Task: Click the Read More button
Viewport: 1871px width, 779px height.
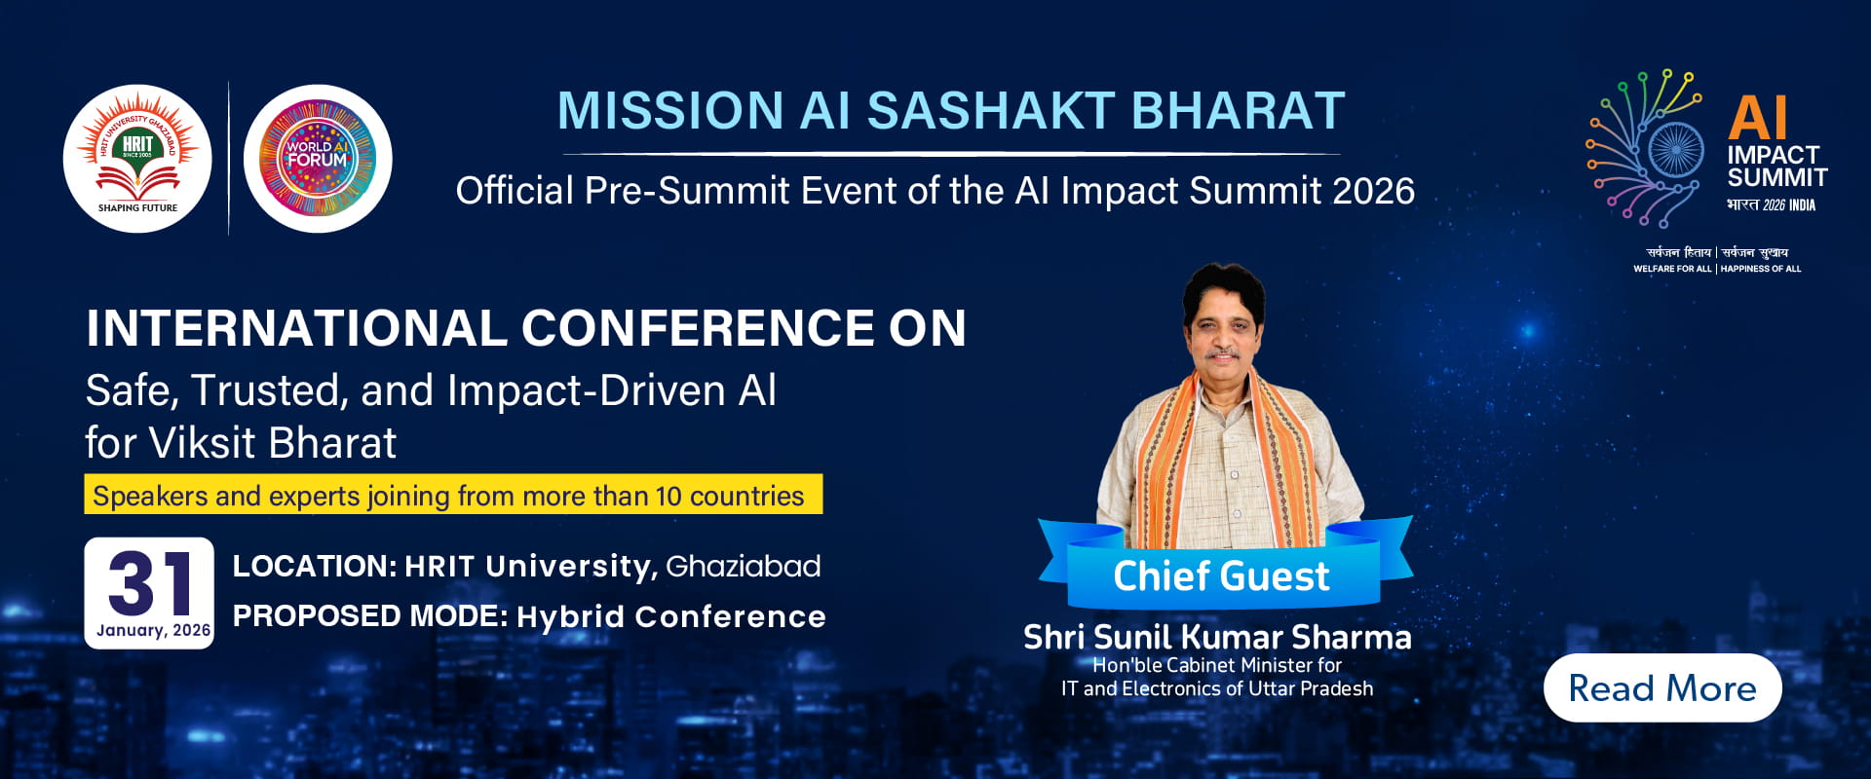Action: tap(1662, 687)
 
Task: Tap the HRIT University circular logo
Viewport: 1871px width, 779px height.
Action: tap(137, 158)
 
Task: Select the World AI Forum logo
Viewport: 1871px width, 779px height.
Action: tap(318, 158)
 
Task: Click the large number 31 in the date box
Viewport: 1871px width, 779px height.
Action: tap(151, 582)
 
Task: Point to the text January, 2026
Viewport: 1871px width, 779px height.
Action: tap(154, 630)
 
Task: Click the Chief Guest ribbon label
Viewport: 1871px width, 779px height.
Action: tap(1221, 575)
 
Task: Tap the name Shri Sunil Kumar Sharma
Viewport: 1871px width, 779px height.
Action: tap(1217, 637)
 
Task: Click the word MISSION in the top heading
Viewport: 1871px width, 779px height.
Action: tap(670, 110)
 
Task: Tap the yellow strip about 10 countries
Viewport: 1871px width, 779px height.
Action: tap(453, 494)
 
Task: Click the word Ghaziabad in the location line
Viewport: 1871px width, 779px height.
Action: tap(744, 566)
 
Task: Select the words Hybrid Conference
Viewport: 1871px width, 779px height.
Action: tap(671, 616)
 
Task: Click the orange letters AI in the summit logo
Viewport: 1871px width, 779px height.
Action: tap(1758, 118)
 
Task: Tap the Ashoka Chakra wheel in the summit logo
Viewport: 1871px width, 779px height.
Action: tap(1674, 150)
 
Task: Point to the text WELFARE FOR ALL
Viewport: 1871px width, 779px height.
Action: tap(1672, 269)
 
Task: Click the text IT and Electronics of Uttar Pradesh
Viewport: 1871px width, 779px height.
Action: tap(1217, 688)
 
